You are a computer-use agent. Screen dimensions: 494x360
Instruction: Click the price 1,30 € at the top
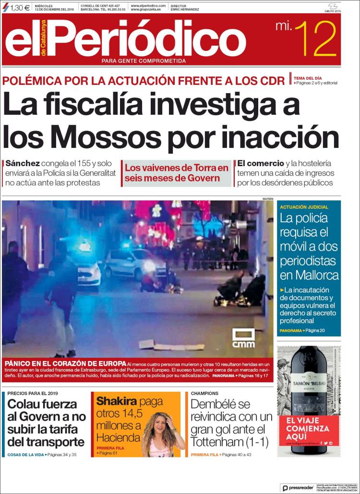[20, 7]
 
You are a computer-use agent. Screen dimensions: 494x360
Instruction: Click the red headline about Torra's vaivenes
[176, 173]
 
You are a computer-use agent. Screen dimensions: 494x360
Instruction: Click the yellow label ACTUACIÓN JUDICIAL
[304, 207]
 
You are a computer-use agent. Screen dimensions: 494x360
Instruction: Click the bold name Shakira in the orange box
[117, 401]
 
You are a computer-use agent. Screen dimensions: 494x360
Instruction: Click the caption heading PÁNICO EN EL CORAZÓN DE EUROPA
[65, 363]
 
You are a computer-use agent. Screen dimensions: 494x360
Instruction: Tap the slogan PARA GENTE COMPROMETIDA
[144, 61]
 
